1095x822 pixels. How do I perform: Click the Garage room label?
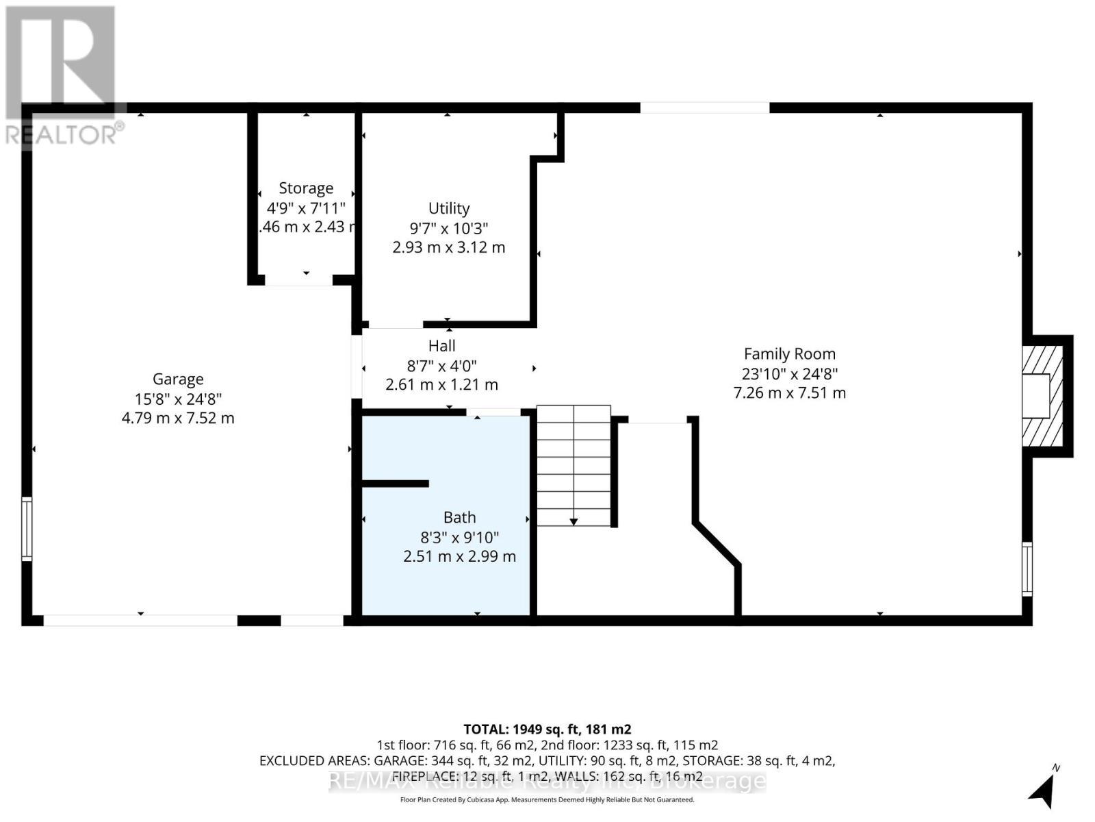coord(178,379)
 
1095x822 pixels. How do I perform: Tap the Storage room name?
coord(306,188)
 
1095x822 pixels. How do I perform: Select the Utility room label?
coord(449,208)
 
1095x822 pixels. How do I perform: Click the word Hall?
coord(441,346)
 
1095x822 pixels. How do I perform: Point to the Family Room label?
coord(790,354)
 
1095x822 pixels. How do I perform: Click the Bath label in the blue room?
coord(459,517)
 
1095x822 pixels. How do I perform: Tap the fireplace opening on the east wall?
coord(1036,396)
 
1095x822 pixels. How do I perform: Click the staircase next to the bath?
coord(574,466)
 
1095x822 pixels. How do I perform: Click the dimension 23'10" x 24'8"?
coord(790,374)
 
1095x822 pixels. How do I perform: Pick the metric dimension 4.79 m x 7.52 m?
coord(178,418)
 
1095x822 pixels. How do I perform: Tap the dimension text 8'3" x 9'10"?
coord(459,537)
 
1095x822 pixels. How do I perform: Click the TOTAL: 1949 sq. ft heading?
coord(547,729)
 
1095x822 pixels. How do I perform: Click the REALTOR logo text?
coord(64,134)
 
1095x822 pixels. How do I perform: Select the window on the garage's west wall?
coord(27,530)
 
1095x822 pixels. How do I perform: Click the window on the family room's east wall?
coord(1027,569)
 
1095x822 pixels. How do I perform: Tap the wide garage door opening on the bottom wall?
coord(140,621)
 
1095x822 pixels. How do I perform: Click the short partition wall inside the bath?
coord(395,484)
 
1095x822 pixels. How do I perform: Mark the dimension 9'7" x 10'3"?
coord(449,228)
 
